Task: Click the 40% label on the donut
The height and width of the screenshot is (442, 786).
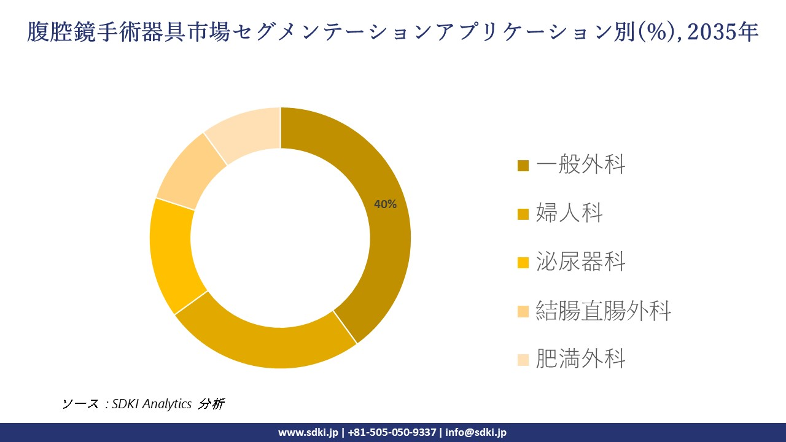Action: pos(386,204)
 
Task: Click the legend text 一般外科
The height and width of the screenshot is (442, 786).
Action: pos(580,165)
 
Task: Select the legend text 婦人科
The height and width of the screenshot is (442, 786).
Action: pos(569,213)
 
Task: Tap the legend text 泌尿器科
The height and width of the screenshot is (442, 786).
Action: pos(580,262)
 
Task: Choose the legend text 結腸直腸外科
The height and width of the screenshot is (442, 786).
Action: pos(603,311)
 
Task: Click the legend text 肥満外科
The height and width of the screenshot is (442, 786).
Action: pos(580,359)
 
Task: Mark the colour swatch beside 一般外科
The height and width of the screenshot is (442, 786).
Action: pos(523,165)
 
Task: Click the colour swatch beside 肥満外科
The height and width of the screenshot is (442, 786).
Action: pos(523,360)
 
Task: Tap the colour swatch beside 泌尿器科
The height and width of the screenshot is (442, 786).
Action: pos(523,263)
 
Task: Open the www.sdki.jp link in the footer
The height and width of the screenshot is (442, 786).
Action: pos(308,432)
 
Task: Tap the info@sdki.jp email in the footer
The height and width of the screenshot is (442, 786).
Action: pos(476,432)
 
